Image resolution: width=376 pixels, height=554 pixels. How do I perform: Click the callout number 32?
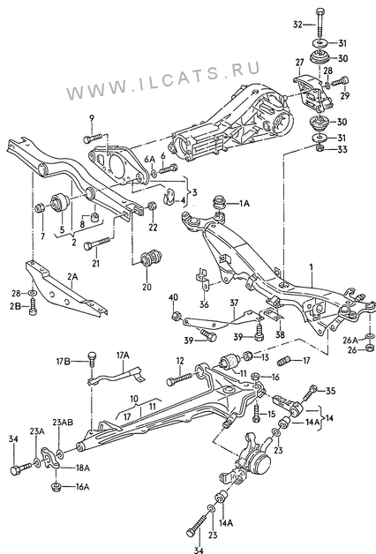(x=298, y=25)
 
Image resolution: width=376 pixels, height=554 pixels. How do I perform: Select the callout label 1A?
(x=244, y=203)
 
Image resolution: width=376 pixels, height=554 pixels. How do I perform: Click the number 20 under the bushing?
(x=147, y=287)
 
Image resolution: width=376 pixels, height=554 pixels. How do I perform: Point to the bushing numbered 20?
(x=151, y=258)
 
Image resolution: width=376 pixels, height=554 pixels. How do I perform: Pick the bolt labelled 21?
(x=97, y=244)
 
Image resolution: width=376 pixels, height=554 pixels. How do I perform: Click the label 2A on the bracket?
(x=72, y=276)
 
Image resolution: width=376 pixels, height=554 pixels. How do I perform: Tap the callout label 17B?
(x=64, y=361)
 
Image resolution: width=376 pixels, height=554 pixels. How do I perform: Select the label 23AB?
(x=63, y=423)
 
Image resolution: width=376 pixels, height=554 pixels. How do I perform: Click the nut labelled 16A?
(x=56, y=487)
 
